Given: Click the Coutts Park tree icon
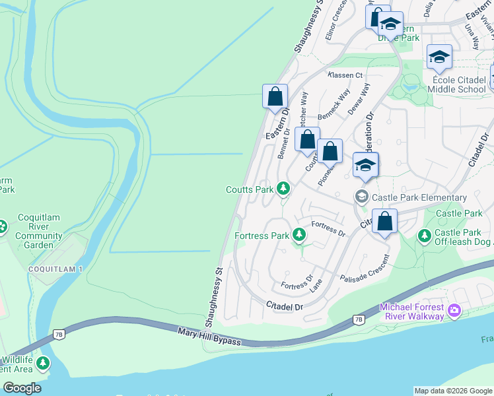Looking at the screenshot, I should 283,189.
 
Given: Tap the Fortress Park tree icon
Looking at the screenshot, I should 299,235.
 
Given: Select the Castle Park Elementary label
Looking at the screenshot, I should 419,197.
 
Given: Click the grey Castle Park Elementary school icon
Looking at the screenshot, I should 361,197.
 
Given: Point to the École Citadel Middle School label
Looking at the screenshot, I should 456,84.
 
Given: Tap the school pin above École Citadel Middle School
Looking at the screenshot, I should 439,58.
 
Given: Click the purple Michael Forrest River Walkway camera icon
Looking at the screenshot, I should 454,310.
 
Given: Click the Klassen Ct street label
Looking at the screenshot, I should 347,75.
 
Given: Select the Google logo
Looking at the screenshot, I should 22,387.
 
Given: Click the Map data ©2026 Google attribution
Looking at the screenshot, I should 452,391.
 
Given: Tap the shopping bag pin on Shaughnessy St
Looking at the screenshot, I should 275,97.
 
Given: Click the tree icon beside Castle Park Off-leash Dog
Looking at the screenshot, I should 423,235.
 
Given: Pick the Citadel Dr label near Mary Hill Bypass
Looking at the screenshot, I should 284,306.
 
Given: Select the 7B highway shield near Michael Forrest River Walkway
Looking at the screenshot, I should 359,319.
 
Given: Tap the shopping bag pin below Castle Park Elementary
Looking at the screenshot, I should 385,222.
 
